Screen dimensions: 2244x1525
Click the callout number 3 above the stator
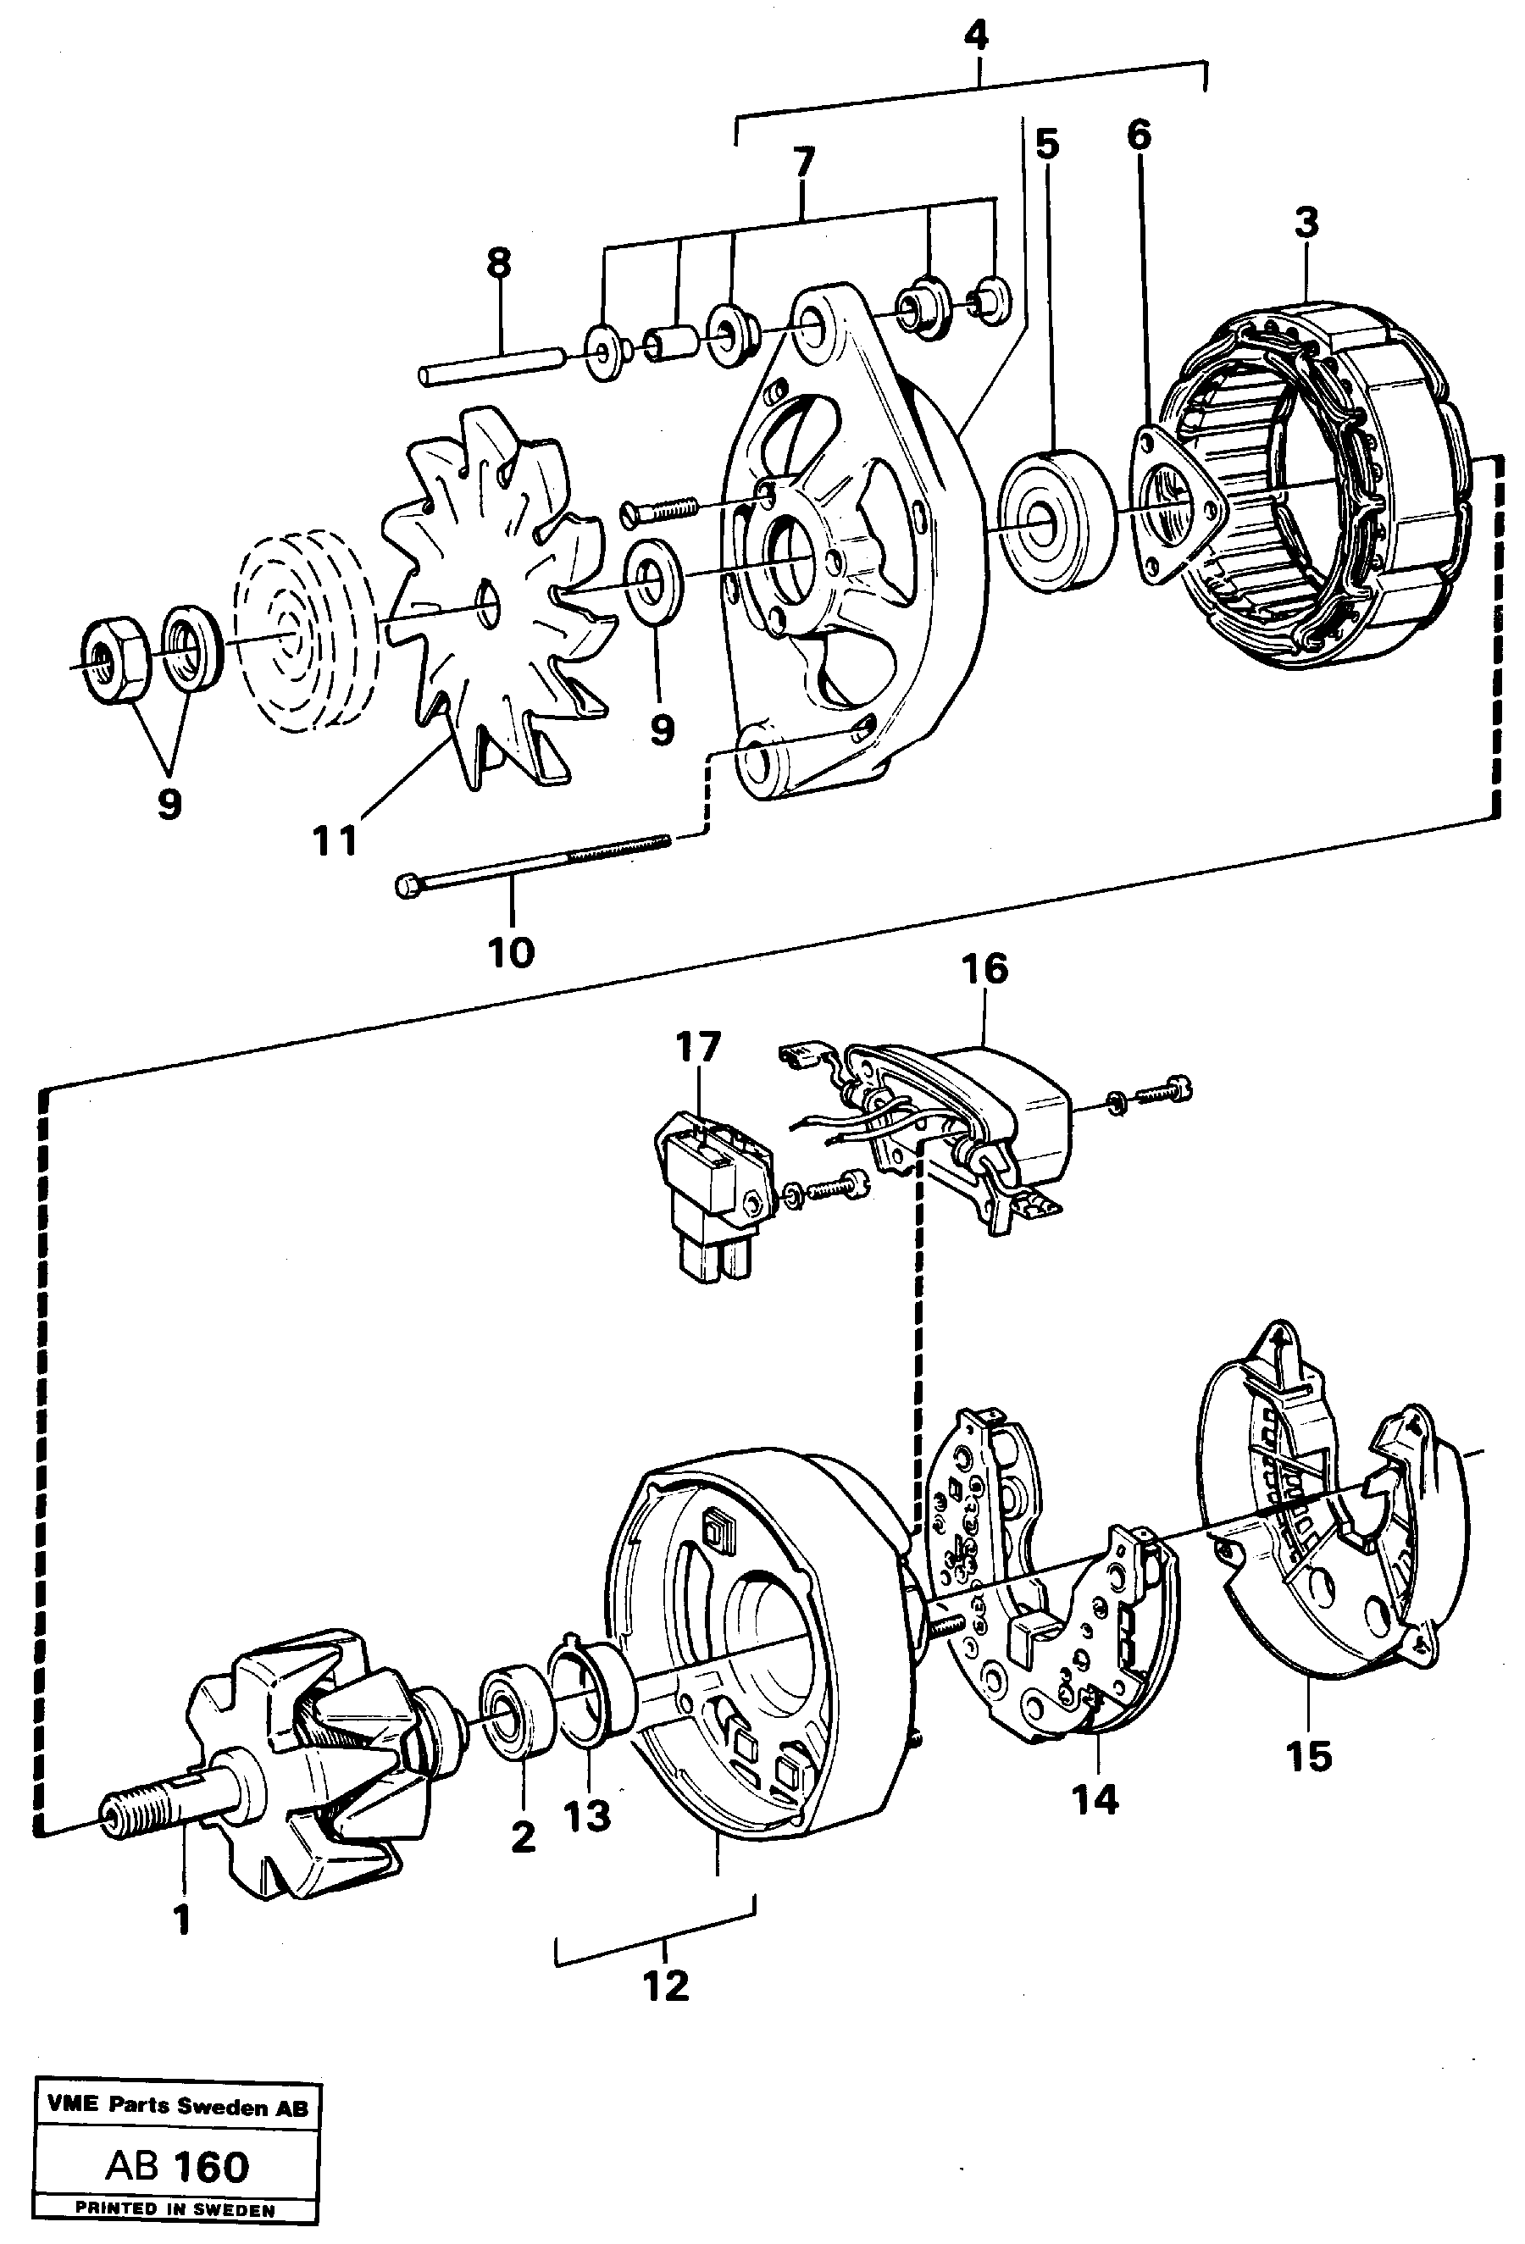click(1305, 223)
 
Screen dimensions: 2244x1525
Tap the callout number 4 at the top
click(977, 36)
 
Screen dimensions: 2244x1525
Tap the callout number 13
click(587, 1816)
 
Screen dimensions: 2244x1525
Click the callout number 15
click(1309, 1755)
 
